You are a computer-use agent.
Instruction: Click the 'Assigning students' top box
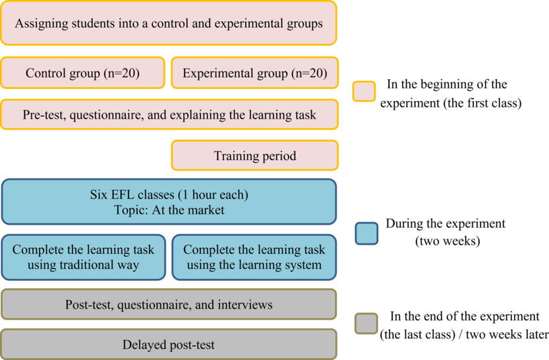click(169, 23)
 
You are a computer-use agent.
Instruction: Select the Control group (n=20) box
click(82, 73)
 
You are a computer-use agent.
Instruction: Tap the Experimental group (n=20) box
click(254, 73)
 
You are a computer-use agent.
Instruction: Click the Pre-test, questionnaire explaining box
click(169, 115)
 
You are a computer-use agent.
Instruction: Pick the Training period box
click(254, 156)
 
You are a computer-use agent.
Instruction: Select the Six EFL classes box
click(169, 202)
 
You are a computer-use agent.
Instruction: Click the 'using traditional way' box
click(83, 257)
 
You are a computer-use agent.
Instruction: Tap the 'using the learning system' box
click(254, 257)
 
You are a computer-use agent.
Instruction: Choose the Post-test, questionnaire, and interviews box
click(169, 305)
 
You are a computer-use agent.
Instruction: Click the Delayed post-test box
click(169, 345)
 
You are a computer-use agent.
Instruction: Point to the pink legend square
click(364, 92)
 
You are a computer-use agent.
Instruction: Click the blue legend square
click(366, 233)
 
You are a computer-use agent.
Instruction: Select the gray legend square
click(366, 323)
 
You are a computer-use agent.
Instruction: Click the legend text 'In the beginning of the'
click(447, 84)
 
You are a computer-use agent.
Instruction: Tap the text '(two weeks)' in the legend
click(447, 241)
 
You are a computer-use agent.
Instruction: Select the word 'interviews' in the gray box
click(246, 305)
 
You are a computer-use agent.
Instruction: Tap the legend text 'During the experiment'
click(446, 224)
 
